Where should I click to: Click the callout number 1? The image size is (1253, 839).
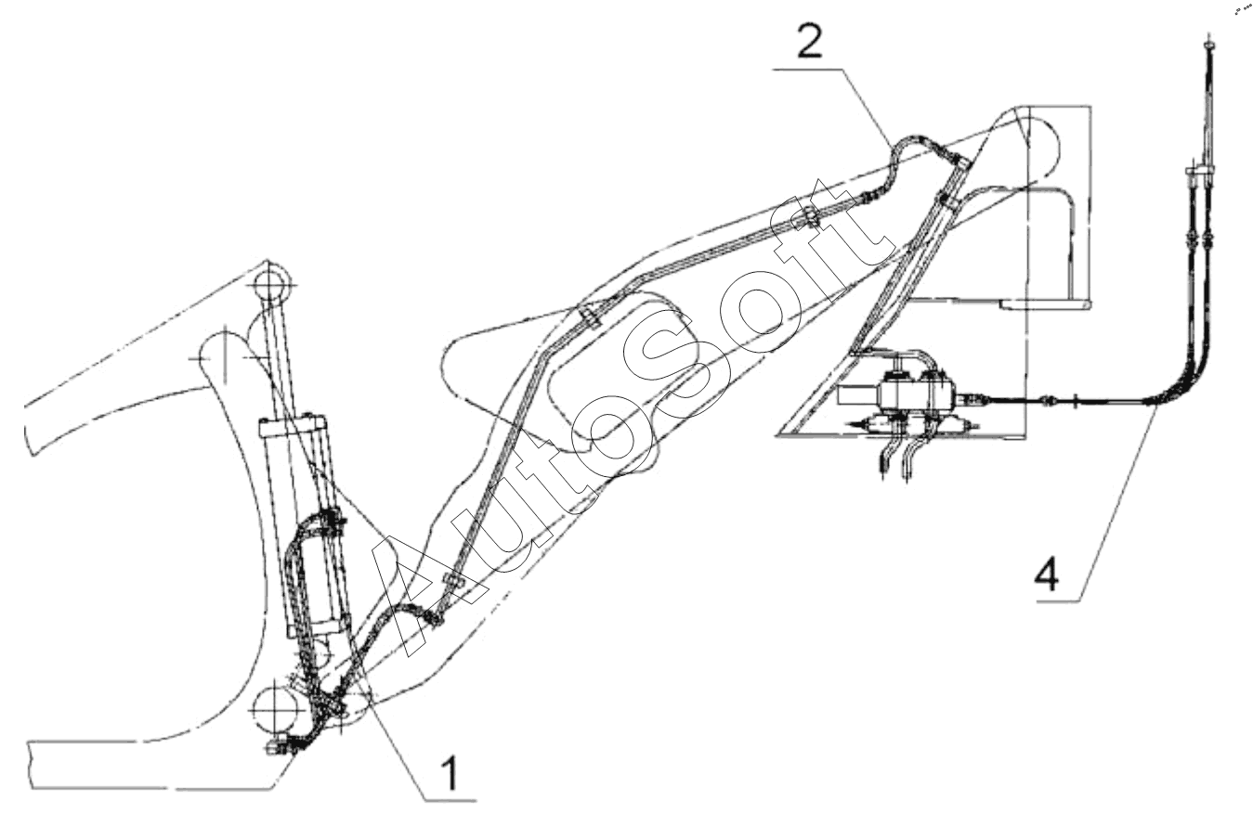tap(450, 772)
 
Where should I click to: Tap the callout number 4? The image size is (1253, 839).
tap(1046, 575)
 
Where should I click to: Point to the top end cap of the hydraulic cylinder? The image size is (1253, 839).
tap(295, 427)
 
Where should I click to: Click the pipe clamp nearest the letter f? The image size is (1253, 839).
tap(811, 218)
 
